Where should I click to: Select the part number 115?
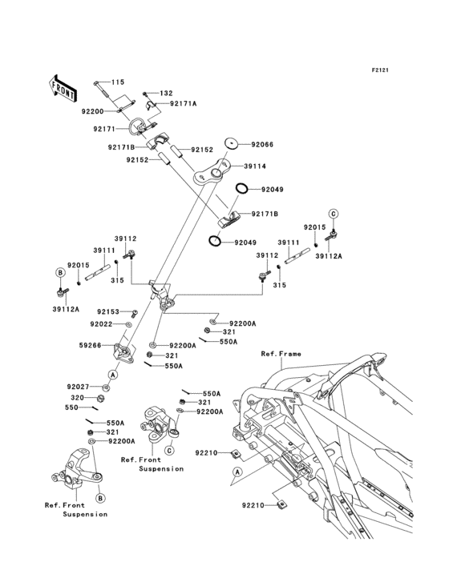118,82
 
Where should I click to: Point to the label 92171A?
183,104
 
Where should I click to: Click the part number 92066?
240,144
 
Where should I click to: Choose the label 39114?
245,167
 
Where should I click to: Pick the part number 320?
76,396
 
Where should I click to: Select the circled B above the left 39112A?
60,273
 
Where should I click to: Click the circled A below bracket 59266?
113,374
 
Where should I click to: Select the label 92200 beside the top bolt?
91,112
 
